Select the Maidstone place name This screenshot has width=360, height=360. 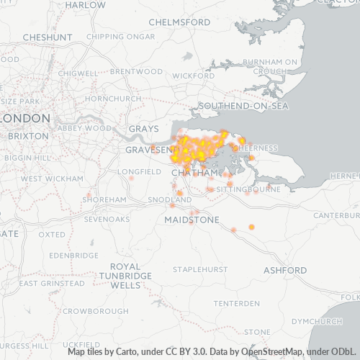[192, 219]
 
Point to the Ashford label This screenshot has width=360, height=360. [284, 270]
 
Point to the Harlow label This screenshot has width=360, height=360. [85, 5]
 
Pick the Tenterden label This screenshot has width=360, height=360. [236, 302]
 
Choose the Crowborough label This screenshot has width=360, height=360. [96, 311]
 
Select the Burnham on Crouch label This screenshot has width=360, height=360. [270, 67]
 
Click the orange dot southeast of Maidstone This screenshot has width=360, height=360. [251, 227]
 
